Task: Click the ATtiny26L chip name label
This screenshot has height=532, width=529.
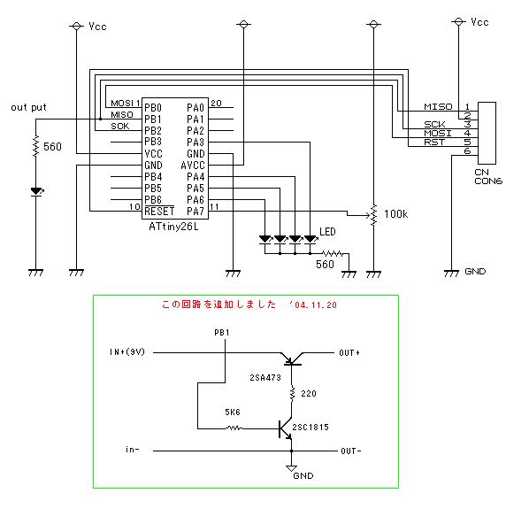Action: click(x=173, y=227)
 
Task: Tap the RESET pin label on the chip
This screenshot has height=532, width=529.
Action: click(x=159, y=212)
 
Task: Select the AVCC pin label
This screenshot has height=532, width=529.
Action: click(x=193, y=166)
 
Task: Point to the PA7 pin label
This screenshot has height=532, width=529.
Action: click(x=195, y=212)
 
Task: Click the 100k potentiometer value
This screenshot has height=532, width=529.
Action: click(x=395, y=214)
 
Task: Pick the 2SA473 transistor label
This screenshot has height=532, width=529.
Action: click(x=265, y=378)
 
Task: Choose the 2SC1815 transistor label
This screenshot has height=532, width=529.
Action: click(x=310, y=428)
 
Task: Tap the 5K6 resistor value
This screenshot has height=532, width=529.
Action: click(x=233, y=412)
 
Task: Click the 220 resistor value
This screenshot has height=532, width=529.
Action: click(x=308, y=394)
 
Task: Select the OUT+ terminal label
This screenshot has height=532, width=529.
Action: click(x=349, y=353)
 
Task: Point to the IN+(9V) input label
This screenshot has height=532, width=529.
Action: click(x=127, y=351)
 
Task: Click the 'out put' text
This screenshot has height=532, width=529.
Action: click(x=28, y=108)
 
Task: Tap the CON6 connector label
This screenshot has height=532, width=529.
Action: click(x=488, y=181)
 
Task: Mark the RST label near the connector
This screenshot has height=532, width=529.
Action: click(x=434, y=143)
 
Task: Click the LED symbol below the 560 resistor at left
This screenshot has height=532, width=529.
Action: click(x=36, y=192)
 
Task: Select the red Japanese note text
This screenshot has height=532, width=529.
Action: click(x=249, y=305)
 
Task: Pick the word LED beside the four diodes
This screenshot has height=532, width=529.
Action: click(x=327, y=232)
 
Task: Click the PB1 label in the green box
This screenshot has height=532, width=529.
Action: click(x=222, y=333)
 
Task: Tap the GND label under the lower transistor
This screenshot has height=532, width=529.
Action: click(x=303, y=475)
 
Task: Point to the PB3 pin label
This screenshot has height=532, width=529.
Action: click(x=153, y=142)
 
